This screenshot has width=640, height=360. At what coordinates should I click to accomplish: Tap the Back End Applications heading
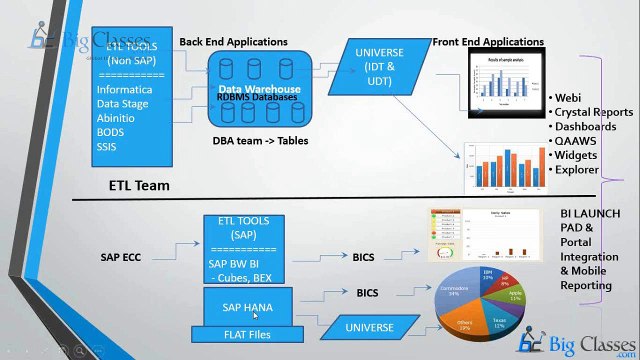click(233, 42)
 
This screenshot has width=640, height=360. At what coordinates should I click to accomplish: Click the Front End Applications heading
click(488, 42)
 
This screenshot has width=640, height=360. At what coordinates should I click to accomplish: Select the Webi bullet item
click(568, 97)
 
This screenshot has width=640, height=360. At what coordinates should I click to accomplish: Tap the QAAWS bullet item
click(576, 141)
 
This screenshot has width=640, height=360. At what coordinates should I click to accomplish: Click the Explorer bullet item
click(577, 170)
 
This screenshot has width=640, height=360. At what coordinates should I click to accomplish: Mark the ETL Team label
click(139, 185)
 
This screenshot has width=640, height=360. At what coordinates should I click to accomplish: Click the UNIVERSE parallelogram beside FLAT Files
click(368, 327)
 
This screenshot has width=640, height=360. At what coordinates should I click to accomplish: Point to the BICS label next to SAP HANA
click(367, 293)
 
